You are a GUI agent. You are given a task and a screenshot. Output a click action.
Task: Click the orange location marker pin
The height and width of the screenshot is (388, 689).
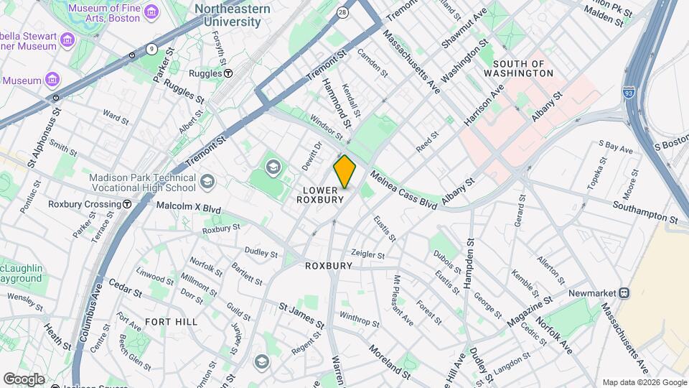click(344, 172)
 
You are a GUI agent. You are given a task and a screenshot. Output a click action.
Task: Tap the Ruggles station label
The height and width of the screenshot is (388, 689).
click(205, 73)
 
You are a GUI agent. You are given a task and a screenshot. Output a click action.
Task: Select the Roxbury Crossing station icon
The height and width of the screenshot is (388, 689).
click(127, 204)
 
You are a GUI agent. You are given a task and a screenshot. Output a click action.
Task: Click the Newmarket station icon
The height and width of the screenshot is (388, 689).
click(624, 292)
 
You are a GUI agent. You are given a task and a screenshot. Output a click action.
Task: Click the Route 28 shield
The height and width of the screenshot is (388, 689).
click(343, 12)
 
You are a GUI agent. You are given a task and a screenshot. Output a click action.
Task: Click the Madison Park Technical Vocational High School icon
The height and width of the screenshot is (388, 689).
click(207, 180)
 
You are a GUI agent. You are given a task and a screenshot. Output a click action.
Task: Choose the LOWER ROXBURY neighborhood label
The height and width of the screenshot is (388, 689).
click(317, 195)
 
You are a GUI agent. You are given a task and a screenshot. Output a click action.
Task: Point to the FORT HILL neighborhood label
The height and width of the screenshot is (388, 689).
click(171, 321)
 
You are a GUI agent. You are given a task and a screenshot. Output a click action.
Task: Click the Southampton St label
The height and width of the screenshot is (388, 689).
click(645, 211)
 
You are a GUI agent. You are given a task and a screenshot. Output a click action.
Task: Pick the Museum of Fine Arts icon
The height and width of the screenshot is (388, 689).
click(151, 13)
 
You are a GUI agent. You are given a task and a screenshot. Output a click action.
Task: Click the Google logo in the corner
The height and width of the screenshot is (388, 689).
click(23, 379)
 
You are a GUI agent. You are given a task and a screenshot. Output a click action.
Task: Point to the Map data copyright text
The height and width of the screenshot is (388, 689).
click(643, 382)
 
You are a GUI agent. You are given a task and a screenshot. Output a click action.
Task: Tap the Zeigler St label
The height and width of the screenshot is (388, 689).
click(367, 254)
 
